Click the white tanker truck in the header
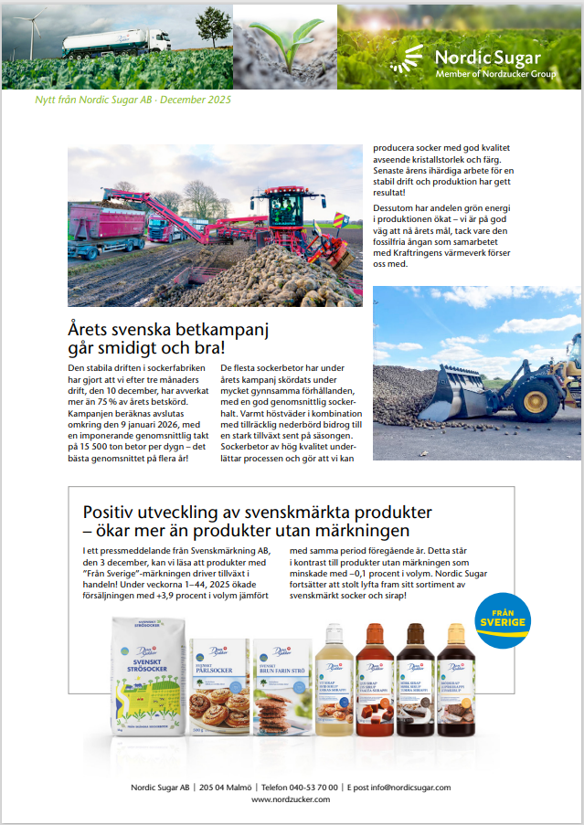point(115,41)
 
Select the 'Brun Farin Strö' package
point(280,685)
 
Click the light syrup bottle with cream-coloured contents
point(333,681)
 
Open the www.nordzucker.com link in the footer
point(292,799)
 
